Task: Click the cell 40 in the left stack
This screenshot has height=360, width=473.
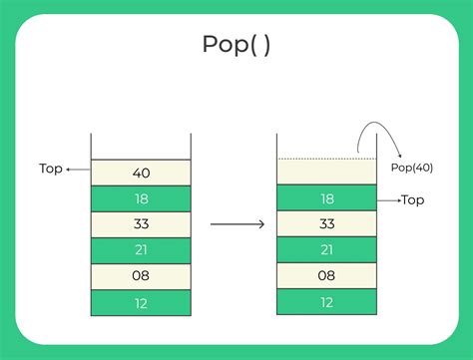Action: coord(141,173)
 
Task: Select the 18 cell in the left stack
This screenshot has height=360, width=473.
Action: coord(141,198)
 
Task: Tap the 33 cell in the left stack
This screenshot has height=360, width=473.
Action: coord(141,224)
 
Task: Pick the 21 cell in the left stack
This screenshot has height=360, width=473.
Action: coord(141,250)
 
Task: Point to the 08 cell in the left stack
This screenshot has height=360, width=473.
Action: coord(141,276)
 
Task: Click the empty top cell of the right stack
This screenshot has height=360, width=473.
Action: coord(326,173)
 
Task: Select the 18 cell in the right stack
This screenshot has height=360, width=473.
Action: coord(326,198)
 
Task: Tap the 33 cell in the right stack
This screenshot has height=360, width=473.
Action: coord(326,224)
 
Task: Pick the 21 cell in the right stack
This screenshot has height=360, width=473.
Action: coord(326,250)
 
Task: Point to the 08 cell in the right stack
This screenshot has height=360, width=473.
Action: coord(326,276)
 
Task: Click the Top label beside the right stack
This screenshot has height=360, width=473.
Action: coord(412,200)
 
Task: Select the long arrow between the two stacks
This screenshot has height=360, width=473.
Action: coord(236,224)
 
